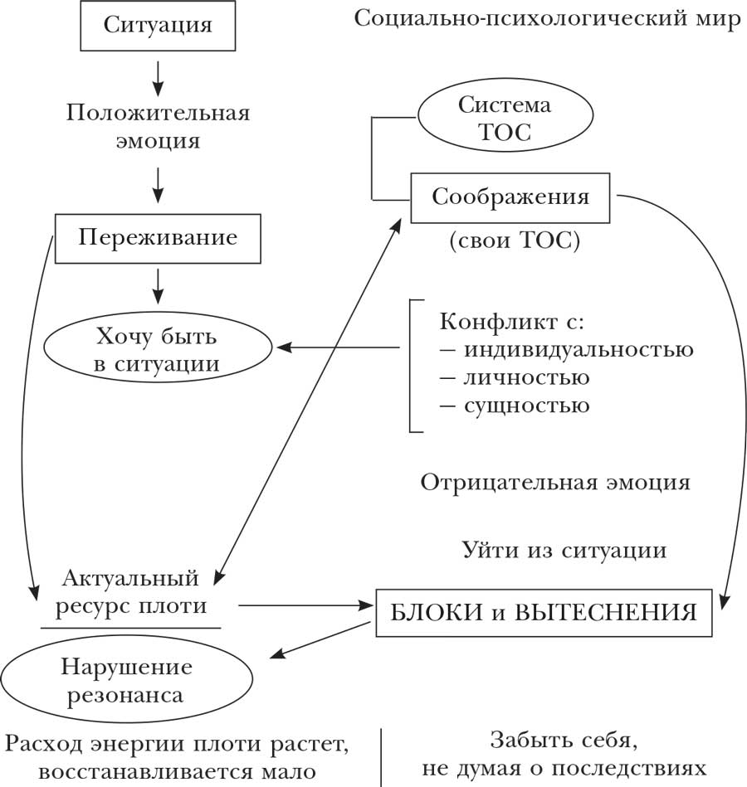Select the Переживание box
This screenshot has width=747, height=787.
point(158,238)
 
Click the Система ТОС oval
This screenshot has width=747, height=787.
point(505,119)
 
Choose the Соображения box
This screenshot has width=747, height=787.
point(510,197)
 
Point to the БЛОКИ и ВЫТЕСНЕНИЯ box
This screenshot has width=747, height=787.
point(544,614)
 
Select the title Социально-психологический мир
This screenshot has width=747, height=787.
point(547,19)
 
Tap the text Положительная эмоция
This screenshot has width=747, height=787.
point(158,125)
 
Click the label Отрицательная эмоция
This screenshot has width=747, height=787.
point(555,483)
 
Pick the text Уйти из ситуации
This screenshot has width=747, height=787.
point(564,550)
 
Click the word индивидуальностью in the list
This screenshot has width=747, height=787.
point(578,349)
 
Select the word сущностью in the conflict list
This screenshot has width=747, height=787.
point(525,406)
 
